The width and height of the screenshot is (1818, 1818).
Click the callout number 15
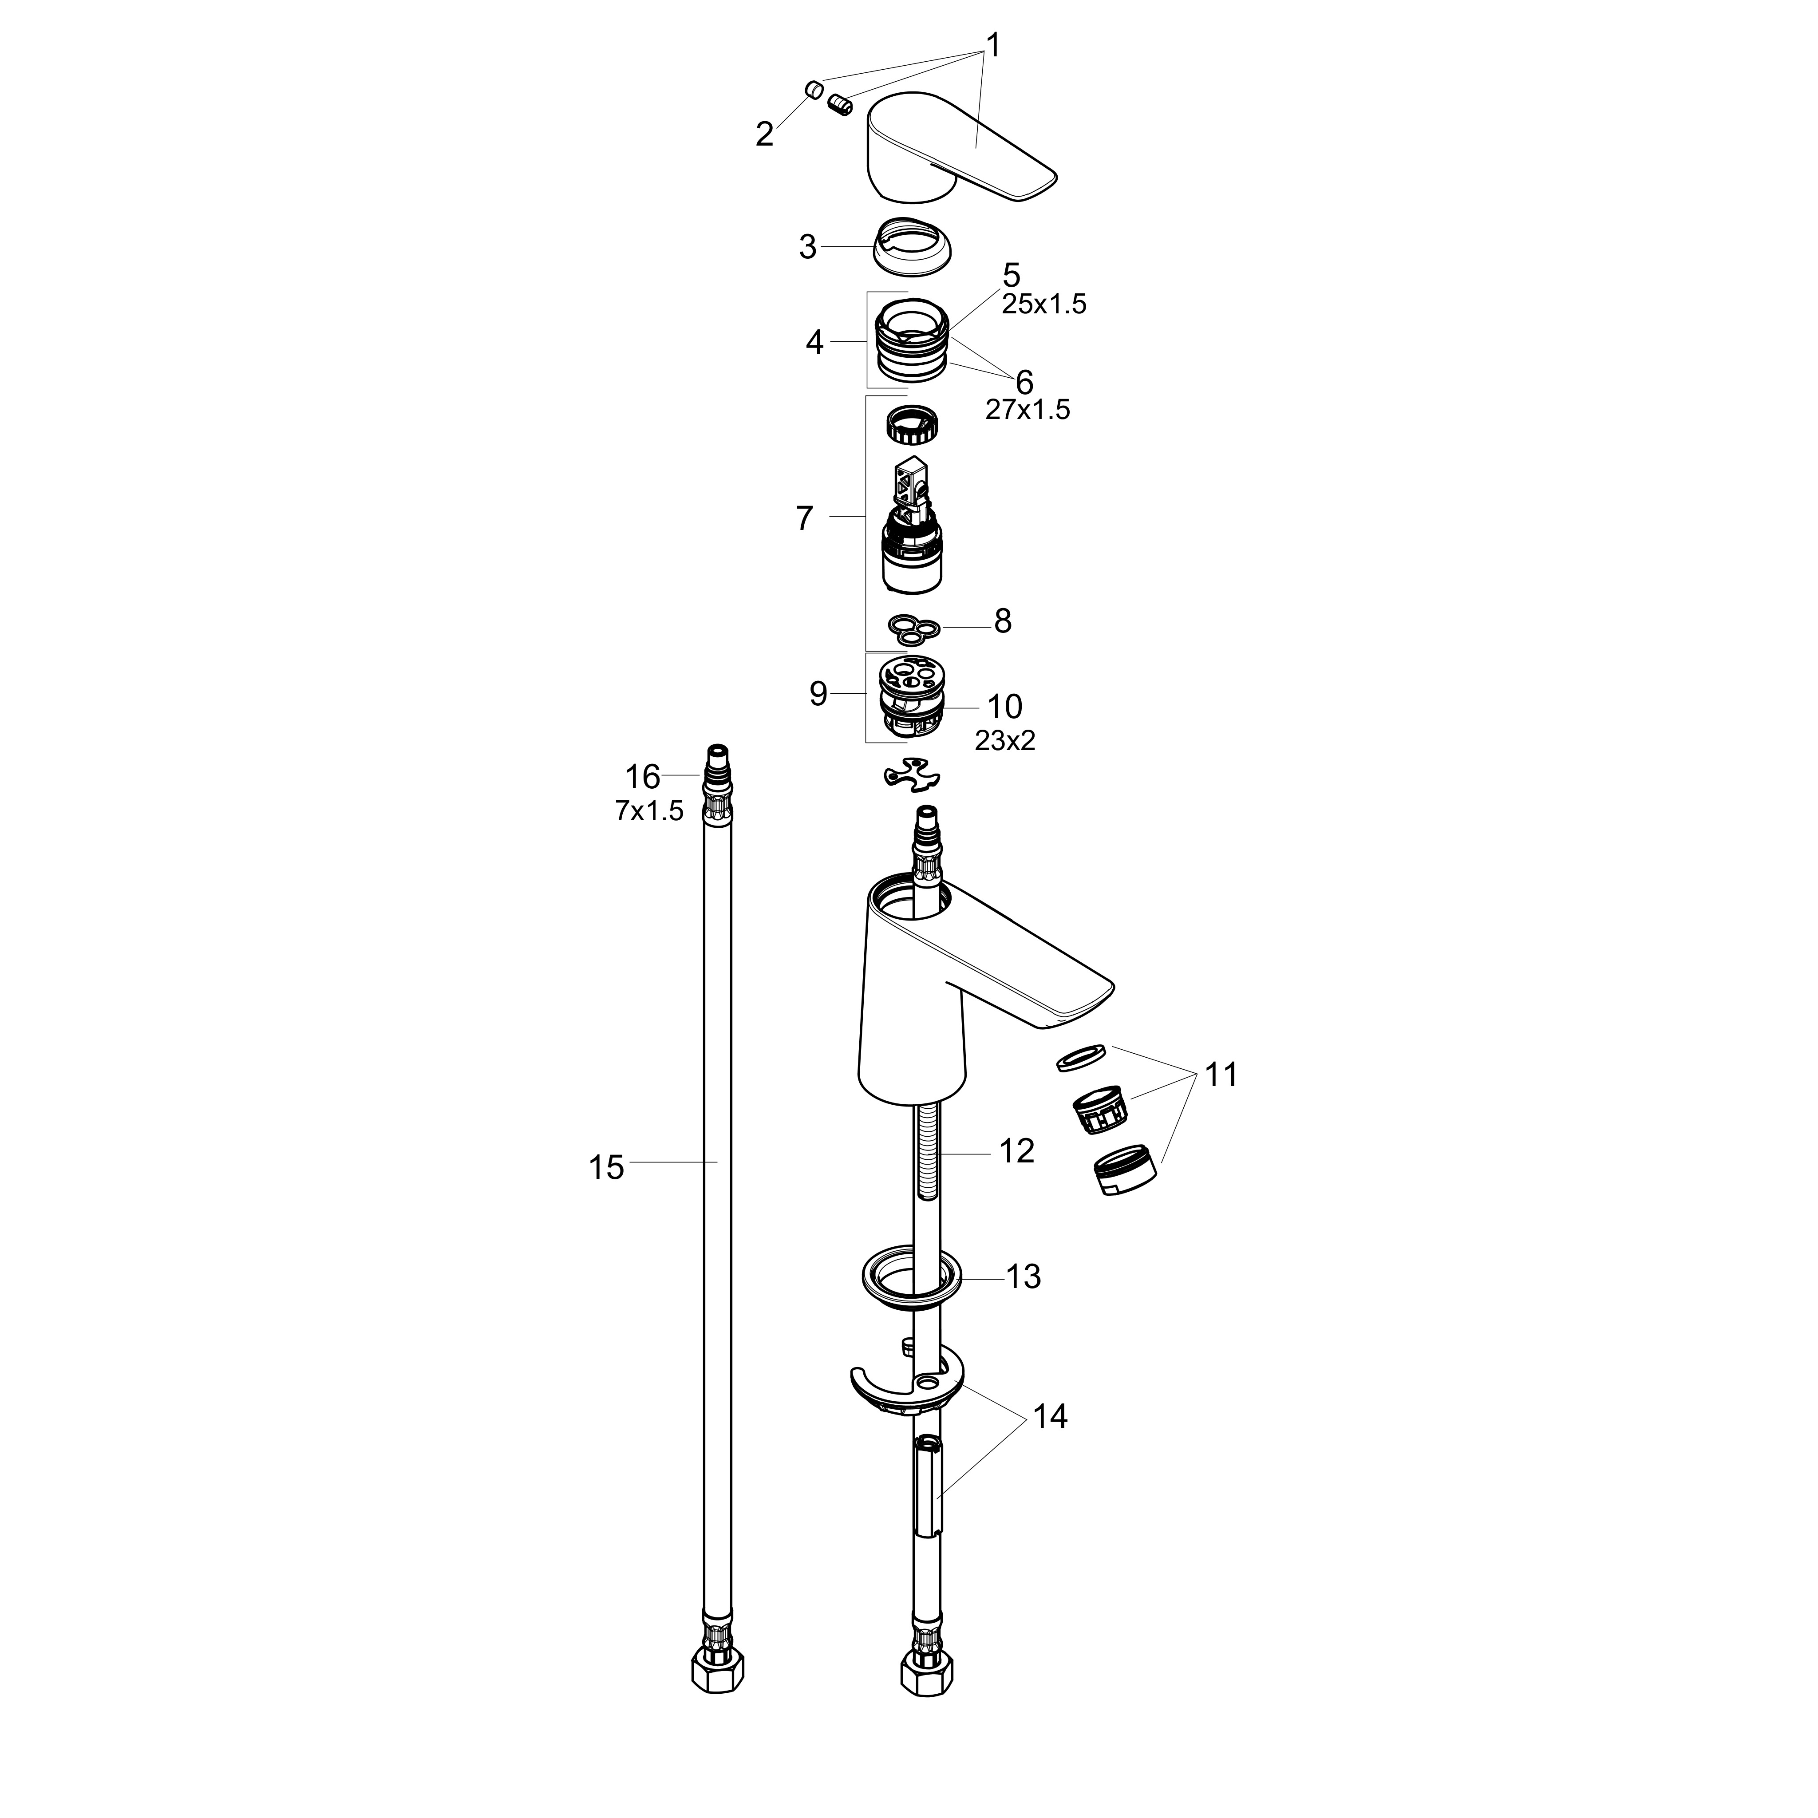(x=606, y=1168)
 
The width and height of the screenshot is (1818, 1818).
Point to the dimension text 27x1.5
(x=1028, y=409)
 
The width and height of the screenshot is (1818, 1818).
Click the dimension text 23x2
(x=1005, y=741)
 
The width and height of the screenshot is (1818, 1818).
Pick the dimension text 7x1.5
(x=649, y=811)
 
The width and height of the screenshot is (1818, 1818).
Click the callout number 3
(x=807, y=248)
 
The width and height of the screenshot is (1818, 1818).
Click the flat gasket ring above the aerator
(x=1081, y=1058)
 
